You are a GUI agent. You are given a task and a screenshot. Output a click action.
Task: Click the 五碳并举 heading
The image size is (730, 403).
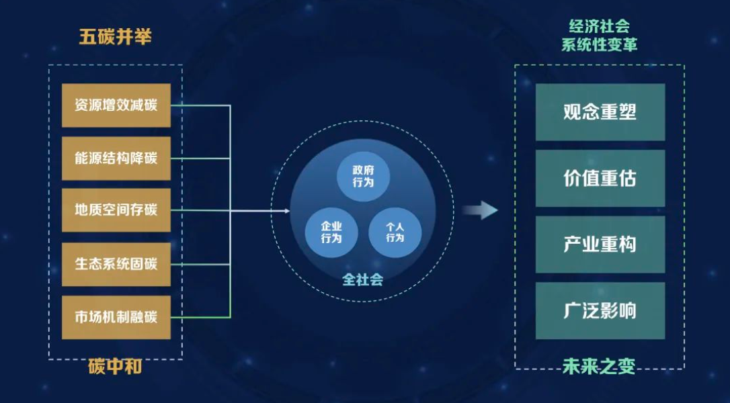(115, 37)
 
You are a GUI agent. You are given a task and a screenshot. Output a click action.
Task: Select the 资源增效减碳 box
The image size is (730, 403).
(116, 105)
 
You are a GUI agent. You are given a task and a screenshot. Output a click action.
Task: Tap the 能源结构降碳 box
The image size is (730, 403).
(116, 159)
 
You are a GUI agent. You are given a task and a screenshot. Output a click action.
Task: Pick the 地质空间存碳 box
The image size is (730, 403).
(116, 210)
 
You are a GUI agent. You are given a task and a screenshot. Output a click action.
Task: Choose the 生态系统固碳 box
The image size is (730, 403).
(116, 264)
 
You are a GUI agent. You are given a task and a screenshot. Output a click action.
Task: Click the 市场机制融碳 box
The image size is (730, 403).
(116, 318)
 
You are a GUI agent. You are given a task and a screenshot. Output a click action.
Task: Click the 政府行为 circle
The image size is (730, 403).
(363, 177)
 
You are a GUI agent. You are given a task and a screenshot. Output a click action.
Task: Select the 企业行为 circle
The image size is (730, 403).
(331, 232)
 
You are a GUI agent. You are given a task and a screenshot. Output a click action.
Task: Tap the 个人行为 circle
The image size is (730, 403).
(395, 232)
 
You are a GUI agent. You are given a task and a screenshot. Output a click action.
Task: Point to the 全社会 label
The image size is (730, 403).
(363, 279)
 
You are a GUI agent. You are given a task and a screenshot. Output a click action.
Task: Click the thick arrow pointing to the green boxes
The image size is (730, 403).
(480, 210)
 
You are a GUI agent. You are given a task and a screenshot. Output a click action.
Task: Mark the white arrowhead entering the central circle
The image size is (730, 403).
(287, 211)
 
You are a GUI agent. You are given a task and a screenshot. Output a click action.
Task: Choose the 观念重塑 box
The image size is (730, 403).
(600, 112)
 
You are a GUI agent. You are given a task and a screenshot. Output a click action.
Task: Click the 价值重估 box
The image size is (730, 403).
(600, 178)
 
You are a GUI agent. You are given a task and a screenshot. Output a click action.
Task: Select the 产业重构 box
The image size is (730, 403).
(600, 244)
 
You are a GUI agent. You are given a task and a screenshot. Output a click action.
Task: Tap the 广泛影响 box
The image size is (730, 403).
(600, 310)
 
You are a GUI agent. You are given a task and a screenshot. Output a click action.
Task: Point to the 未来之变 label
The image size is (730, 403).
(599, 367)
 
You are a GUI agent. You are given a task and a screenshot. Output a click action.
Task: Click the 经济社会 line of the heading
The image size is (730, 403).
(599, 26)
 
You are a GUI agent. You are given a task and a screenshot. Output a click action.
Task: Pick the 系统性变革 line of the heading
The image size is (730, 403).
(599, 45)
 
